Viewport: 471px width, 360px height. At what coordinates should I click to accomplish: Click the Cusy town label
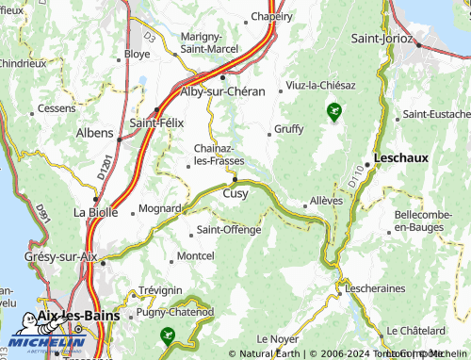pos(235,193)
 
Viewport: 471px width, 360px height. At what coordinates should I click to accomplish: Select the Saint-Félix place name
pos(156,123)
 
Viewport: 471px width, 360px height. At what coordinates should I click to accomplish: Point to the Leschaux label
pos(401,158)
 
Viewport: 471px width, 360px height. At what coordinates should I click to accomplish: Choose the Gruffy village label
pos(288,129)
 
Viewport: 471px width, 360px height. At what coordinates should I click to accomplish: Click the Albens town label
pos(94,133)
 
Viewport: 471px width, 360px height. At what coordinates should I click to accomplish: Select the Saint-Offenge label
pos(228,230)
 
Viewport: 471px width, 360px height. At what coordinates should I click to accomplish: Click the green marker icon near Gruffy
pos(333,113)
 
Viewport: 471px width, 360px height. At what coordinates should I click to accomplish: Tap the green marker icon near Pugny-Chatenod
pos(168,334)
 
